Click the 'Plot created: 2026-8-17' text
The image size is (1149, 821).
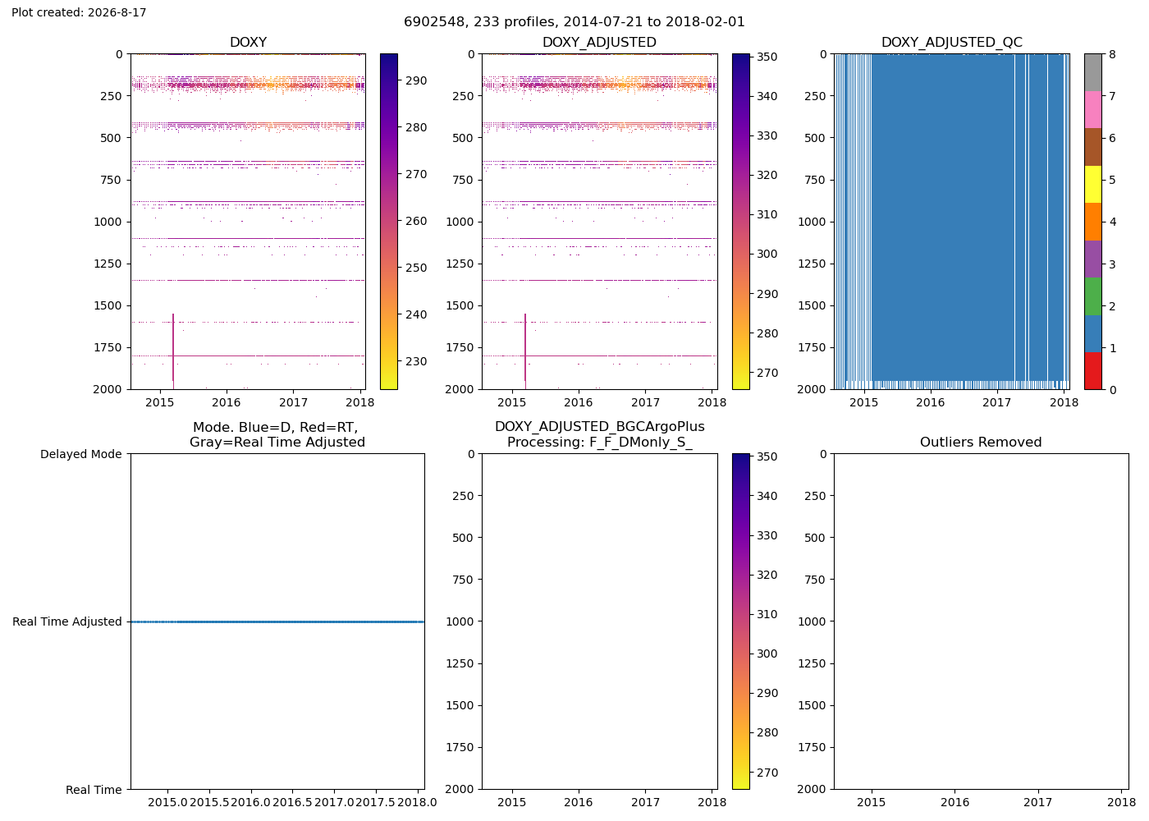coord(79,12)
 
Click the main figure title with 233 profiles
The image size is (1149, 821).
coord(574,22)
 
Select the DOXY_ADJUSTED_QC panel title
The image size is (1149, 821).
coord(951,42)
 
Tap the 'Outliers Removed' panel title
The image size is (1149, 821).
coord(981,443)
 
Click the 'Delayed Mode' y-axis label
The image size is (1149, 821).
coord(81,454)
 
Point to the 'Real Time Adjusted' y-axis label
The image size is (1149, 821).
coord(67,622)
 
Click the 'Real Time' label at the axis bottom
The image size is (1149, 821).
coord(94,790)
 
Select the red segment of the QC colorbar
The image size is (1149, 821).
coord(1092,371)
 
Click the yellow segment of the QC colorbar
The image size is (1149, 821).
coord(1092,184)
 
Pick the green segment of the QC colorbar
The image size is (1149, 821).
coord(1092,296)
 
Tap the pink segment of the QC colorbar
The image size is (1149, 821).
coord(1092,110)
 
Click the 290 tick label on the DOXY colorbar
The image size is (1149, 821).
coord(416,81)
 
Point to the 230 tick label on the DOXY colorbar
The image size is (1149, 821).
coord(416,362)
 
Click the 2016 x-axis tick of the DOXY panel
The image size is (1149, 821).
coord(227,403)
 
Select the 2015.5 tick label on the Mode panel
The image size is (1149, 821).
coord(209,803)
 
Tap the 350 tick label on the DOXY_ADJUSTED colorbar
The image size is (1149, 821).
coord(767,57)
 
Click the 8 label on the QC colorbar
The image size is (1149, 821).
coord(1112,54)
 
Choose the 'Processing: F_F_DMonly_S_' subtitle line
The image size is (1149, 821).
coord(600,443)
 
